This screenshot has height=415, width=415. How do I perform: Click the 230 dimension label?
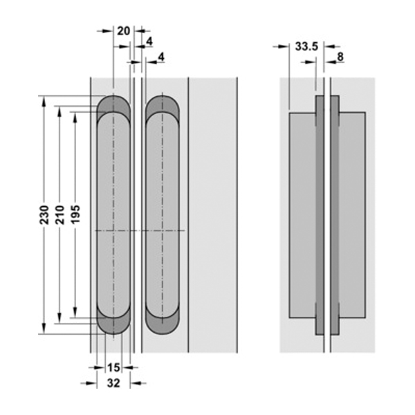(44, 214)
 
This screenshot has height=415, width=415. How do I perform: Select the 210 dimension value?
(59, 214)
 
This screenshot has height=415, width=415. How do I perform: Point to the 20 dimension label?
(123, 30)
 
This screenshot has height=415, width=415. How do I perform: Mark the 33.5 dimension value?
(306, 46)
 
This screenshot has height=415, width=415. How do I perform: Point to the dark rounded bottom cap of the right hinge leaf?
(162, 324)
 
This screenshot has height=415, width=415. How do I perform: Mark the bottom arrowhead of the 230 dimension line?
(44, 329)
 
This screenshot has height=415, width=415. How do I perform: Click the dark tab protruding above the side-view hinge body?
(327, 104)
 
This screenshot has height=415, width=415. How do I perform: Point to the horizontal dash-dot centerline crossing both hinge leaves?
(138, 229)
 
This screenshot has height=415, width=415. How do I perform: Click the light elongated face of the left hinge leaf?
(113, 207)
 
